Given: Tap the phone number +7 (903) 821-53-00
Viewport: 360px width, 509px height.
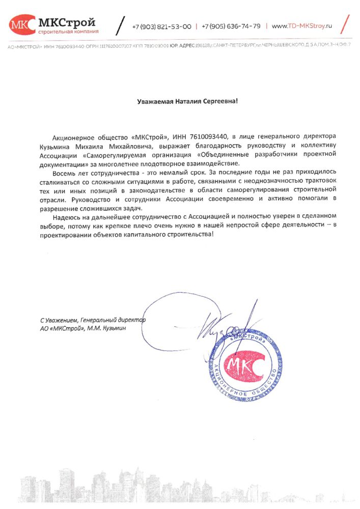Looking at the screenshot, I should pyautogui.click(x=161, y=26).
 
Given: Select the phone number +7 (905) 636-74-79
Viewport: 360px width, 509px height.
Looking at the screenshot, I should pyautogui.click(x=231, y=26).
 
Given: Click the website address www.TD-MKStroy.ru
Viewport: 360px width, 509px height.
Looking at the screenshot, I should pyautogui.click(x=302, y=26).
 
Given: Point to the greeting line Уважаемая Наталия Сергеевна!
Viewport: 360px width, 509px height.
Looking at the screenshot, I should pyautogui.click(x=187, y=101).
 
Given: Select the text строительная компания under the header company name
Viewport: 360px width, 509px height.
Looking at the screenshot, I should pyautogui.click(x=68, y=32).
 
